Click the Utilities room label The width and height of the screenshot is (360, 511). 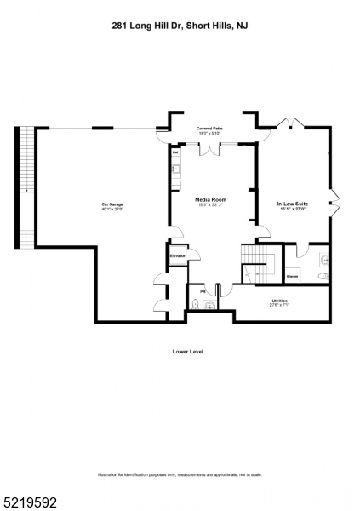coord(279,301)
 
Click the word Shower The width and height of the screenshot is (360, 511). coord(292,276)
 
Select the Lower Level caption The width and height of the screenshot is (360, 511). coord(187,351)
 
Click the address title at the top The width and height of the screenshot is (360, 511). coord(180,26)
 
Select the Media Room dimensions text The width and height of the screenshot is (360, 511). coord(209,205)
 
